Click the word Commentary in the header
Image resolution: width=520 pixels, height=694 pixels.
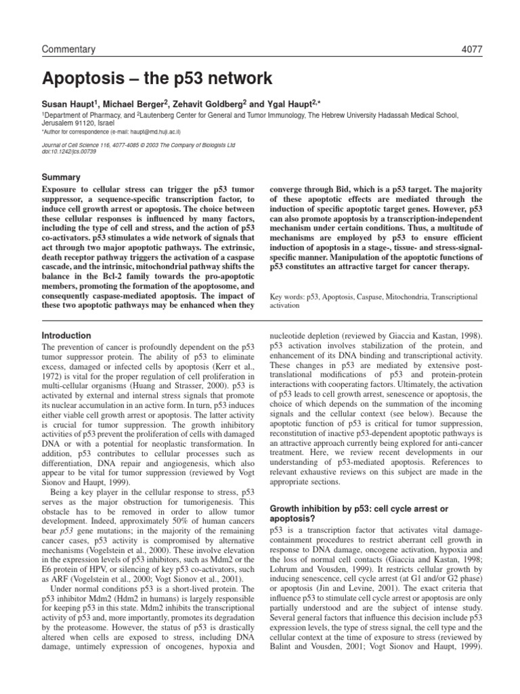pos(69,49)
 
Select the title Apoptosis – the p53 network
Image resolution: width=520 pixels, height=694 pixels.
pos(157,79)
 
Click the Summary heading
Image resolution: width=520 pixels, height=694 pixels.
pos(62,176)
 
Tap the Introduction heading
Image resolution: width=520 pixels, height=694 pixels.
pos(66,335)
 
